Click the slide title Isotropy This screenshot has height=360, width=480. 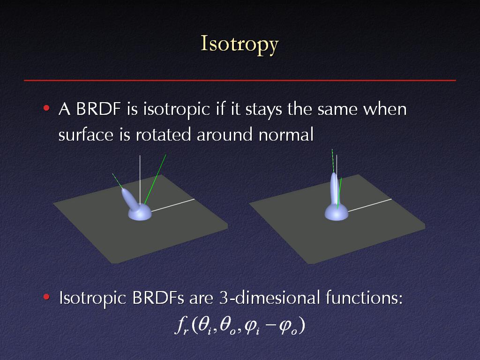[240, 45]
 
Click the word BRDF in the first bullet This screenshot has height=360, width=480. [98, 109]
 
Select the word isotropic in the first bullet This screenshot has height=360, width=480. [177, 110]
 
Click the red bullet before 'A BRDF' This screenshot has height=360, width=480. [46, 108]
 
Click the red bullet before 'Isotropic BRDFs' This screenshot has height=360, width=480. [46, 297]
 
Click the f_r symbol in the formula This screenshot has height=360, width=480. [182, 326]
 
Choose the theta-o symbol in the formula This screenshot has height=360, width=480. [227, 326]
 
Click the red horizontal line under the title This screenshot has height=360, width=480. [240, 81]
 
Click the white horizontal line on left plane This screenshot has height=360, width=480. [172, 205]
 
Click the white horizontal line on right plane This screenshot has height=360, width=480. [370, 205]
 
